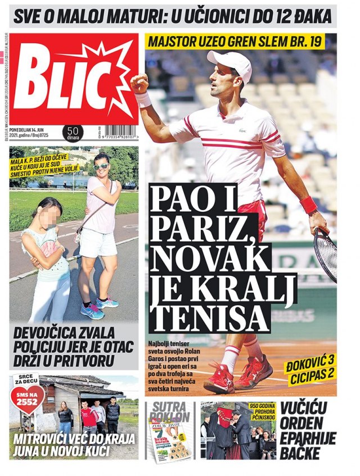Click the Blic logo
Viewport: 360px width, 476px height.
(x=73, y=79)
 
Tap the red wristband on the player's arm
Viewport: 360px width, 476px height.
(x=309, y=205)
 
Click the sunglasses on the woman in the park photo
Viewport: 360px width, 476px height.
(x=102, y=166)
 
